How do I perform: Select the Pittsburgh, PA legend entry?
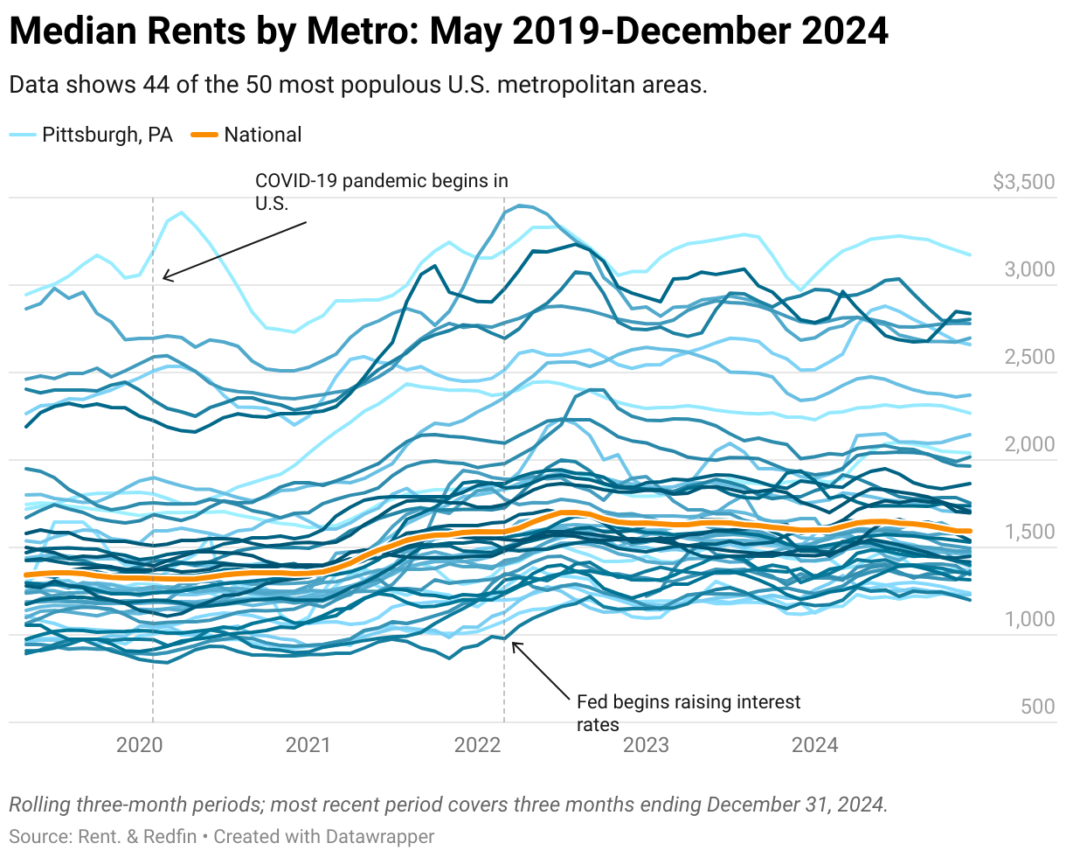click(107, 135)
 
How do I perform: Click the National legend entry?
click(262, 135)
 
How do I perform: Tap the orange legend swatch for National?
click(204, 135)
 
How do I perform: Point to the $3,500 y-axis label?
click(1024, 182)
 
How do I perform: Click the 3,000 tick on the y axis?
click(1029, 269)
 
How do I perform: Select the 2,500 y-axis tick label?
click(1029, 357)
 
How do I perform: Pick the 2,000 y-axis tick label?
click(1029, 444)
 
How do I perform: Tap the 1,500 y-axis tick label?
click(1029, 532)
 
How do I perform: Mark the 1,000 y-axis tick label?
click(1029, 619)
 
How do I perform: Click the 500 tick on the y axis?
click(1037, 707)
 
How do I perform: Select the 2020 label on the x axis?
click(140, 745)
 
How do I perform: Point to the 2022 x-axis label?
click(477, 745)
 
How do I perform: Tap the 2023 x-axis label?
click(646, 745)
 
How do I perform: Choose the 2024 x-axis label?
click(814, 745)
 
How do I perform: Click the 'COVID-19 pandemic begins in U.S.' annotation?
click(381, 191)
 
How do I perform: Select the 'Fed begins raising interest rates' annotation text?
click(689, 712)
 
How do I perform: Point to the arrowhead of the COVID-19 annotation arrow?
click(165, 279)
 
